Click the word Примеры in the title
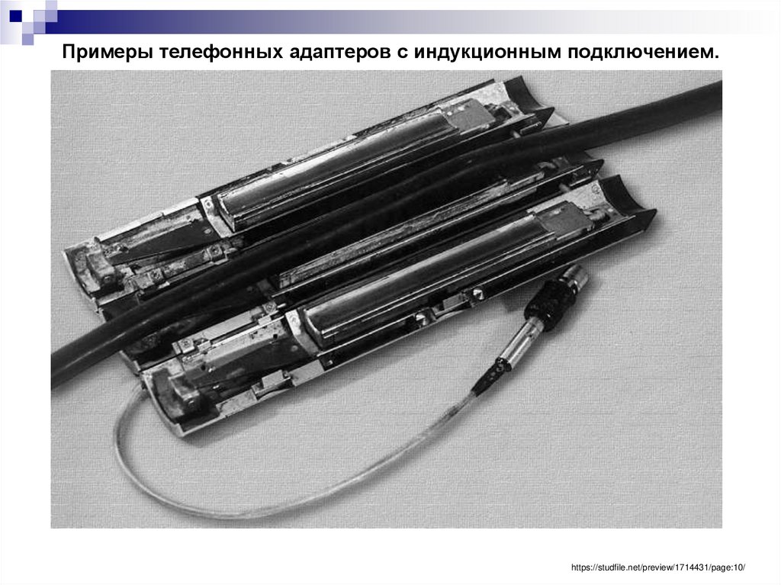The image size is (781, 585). coord(108,53)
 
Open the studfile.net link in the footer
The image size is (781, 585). coord(657,567)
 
